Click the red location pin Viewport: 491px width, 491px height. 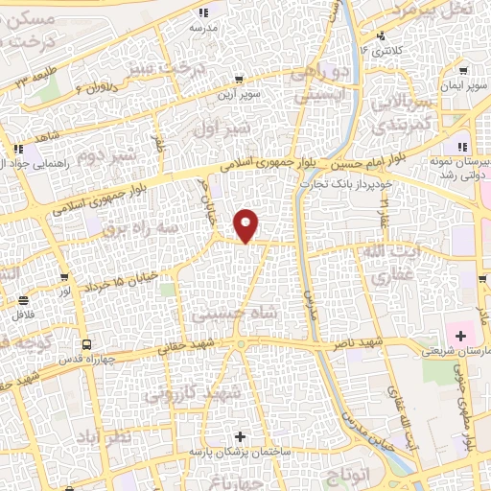click(x=247, y=225)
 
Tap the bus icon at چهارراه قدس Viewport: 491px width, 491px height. click(x=87, y=343)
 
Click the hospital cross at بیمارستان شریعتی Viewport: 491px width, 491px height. click(x=461, y=336)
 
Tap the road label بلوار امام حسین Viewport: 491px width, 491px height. click(x=374, y=154)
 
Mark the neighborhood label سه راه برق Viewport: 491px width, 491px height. click(x=143, y=228)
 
